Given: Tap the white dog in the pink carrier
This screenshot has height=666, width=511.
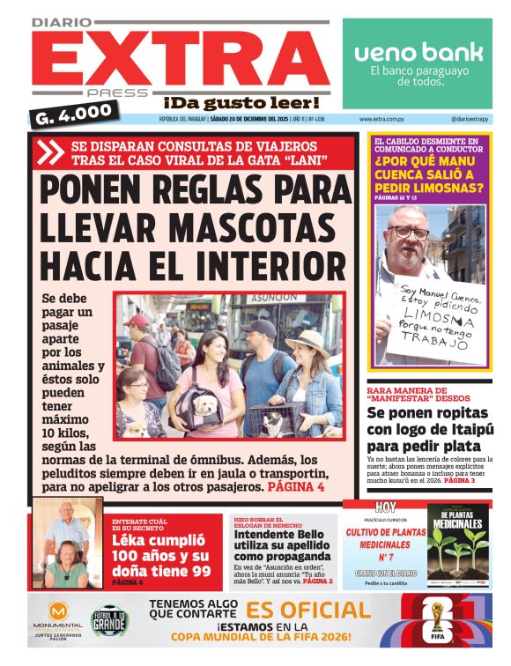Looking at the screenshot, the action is (204, 404).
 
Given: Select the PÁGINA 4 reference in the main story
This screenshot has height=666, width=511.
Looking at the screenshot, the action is (297, 486).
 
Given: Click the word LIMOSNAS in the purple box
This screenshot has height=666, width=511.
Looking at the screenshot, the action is (428, 188).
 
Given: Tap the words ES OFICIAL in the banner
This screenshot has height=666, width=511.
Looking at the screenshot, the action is (308, 610).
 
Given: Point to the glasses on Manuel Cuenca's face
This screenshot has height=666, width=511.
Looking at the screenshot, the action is (409, 233).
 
